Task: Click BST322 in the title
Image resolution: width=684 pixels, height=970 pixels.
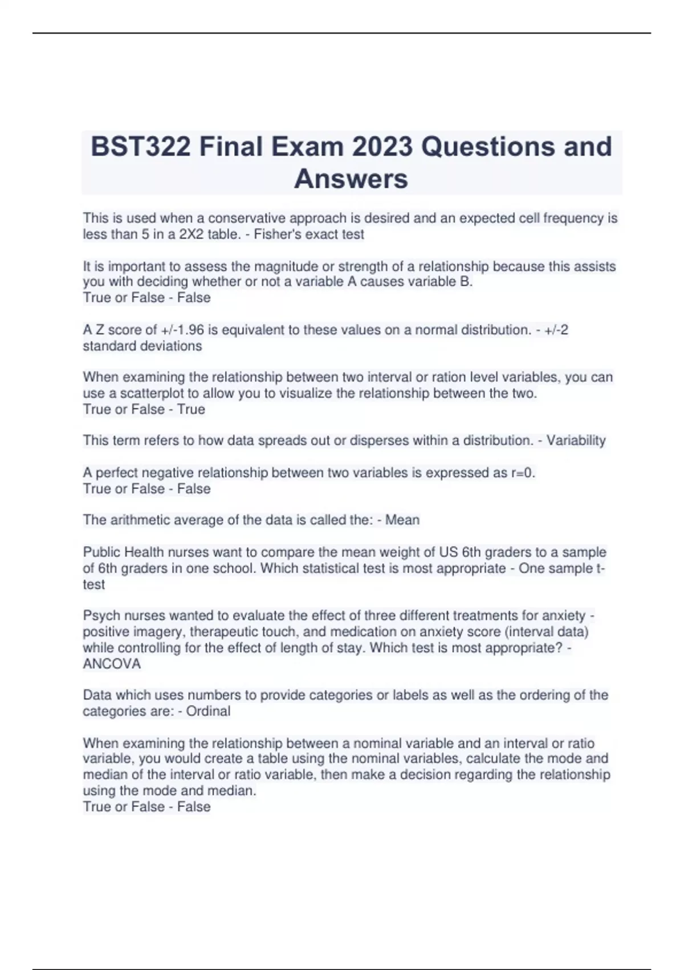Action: [x=141, y=147]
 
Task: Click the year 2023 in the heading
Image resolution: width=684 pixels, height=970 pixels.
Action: [x=382, y=147]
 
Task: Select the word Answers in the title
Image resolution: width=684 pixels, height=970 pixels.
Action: [x=351, y=179]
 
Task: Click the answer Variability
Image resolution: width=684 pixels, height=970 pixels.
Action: [x=576, y=440]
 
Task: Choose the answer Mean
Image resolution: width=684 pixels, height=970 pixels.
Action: [x=402, y=520]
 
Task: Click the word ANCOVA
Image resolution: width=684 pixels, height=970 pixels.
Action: [x=112, y=664]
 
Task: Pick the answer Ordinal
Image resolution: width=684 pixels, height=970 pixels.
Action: [x=208, y=711]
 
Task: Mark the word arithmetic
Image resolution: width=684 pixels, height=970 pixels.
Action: [x=135, y=520]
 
